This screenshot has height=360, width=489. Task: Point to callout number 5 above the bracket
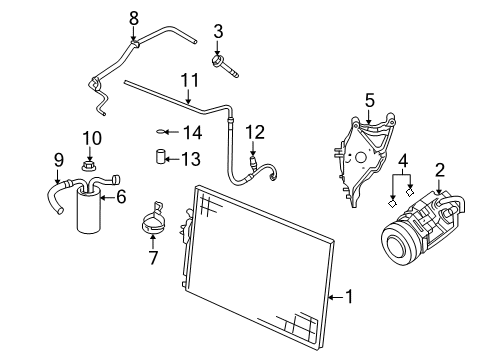pos(369,100)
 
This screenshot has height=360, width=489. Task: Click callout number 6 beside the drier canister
pos(121,197)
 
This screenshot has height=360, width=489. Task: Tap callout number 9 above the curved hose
pos(58,159)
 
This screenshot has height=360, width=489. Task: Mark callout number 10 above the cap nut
pos(91,137)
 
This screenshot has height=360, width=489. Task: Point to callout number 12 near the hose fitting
pos(256,131)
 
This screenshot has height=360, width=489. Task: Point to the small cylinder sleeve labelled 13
pos(158,156)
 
